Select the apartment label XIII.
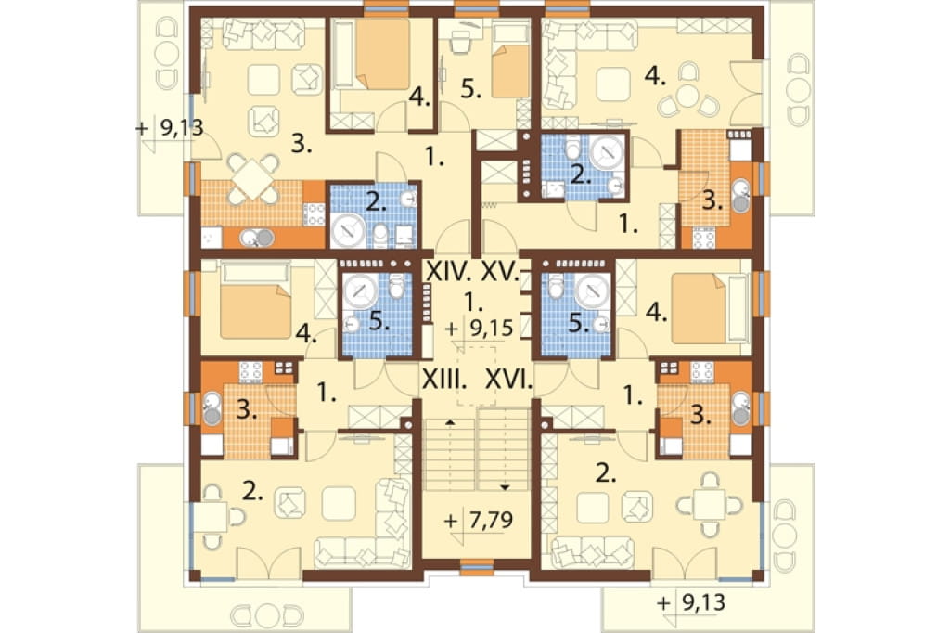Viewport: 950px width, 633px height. coord(444,381)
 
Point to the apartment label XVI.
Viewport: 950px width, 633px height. coord(508,381)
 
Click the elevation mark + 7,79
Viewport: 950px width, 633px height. coord(479,520)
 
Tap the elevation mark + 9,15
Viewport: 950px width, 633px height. coord(479,329)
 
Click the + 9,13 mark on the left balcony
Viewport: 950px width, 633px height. coord(169,128)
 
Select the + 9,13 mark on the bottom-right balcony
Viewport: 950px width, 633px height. coord(691,602)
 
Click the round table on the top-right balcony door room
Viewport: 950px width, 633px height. coord(687,96)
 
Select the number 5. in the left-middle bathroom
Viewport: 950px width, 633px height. coord(379,321)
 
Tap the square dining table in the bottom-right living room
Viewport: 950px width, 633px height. coord(710,505)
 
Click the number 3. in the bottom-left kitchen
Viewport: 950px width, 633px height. coord(246,410)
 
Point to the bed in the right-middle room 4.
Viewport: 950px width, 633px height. coord(698,308)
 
